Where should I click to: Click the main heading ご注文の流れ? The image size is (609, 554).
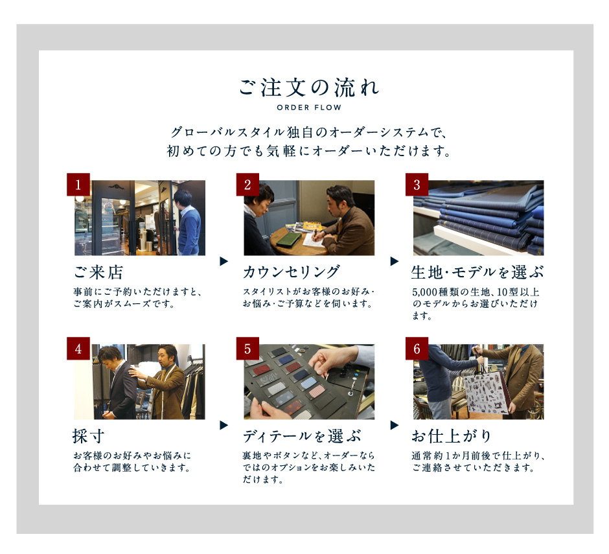309,87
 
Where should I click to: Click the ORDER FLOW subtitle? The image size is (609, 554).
309,108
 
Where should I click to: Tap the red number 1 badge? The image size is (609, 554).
78,185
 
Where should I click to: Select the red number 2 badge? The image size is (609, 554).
247,185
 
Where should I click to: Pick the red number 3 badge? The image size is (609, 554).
417,185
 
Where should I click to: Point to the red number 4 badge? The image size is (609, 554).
78,349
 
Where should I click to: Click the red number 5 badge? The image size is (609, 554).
247,349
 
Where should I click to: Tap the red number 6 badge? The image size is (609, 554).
417,349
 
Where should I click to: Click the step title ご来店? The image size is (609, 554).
98,272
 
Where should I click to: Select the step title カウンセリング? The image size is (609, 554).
292,272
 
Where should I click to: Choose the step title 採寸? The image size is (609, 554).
89,436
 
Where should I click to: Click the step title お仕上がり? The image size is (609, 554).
452,436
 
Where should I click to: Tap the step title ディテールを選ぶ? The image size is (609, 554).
302,436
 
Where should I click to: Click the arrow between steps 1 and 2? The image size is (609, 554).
224,261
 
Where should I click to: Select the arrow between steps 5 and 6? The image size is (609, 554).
394,425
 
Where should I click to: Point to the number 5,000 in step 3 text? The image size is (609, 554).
425,292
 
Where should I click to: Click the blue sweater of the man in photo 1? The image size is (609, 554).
189,230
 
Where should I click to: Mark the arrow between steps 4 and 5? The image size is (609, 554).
224,425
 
